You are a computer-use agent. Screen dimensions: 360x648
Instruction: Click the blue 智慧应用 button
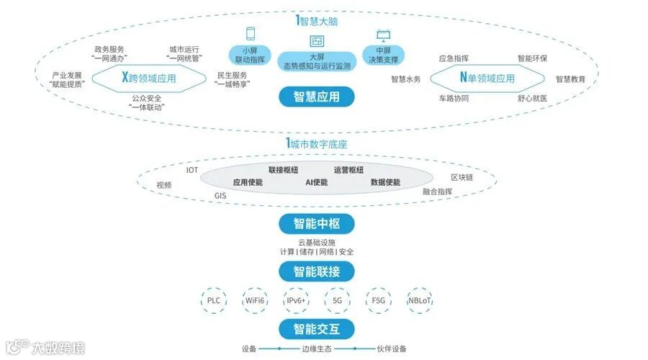click(317, 96)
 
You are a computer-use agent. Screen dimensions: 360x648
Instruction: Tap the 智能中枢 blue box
click(317, 224)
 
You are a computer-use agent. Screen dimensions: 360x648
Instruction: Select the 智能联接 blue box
click(317, 271)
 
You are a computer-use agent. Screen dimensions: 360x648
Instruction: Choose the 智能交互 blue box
click(317, 330)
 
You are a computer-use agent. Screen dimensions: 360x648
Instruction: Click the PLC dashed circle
click(214, 300)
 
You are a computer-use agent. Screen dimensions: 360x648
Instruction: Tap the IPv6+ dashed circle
click(297, 300)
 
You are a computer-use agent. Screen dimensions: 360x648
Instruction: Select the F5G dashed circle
click(379, 300)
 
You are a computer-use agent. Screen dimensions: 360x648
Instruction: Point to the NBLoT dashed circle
click(420, 300)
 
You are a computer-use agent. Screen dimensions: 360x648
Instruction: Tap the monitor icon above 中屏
click(382, 34)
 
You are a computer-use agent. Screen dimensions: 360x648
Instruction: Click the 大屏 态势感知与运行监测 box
click(317, 61)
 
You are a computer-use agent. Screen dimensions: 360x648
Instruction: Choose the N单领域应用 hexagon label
click(487, 78)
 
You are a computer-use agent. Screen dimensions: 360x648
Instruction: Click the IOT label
click(192, 170)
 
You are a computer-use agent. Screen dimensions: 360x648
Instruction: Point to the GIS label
click(220, 195)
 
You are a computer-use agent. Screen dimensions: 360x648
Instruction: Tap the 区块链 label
click(462, 177)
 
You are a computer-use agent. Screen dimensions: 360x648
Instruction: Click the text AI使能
click(316, 182)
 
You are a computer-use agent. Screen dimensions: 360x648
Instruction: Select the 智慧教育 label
click(570, 79)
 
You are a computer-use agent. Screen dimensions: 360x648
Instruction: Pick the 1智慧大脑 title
click(317, 22)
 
